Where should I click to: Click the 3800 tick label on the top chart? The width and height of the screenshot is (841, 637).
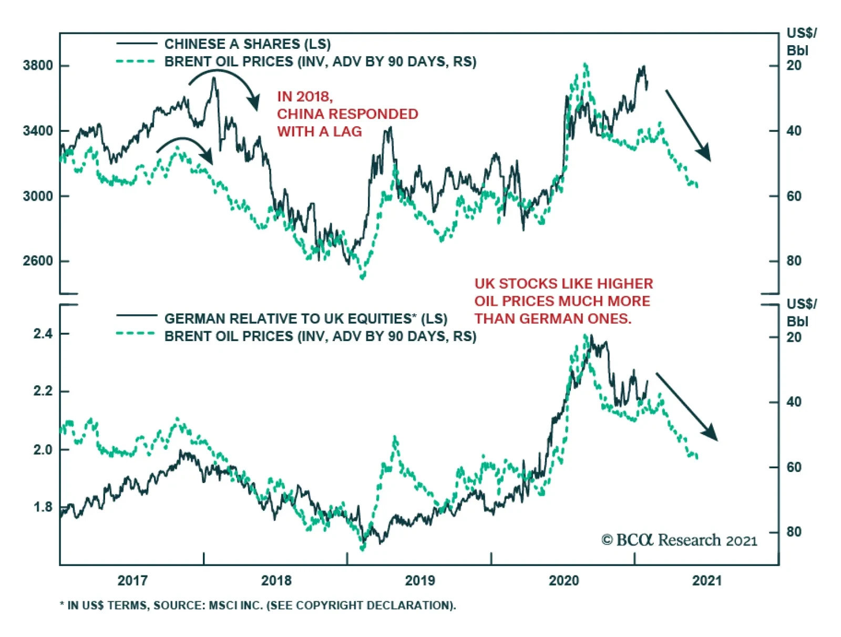38,66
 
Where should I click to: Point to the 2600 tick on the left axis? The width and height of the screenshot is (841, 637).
38,261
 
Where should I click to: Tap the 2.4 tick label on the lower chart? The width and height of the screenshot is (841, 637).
43,334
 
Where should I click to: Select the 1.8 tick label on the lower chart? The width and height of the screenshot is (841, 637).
43,507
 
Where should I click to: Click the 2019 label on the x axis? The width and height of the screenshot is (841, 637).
419,580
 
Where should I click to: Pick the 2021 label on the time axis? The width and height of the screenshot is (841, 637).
707,580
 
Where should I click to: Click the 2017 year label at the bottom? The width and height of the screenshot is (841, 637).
132,580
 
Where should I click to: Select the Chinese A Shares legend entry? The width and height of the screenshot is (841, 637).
247,44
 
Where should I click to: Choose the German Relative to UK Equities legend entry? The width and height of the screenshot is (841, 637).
305,318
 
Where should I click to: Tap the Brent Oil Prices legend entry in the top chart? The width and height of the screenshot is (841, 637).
320,61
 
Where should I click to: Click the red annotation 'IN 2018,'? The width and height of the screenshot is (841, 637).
305,97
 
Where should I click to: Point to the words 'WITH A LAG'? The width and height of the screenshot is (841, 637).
320,131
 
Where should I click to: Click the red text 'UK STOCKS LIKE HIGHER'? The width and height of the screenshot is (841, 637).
563,284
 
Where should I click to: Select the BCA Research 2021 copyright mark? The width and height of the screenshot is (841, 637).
679,540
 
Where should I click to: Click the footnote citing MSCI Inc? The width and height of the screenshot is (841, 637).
258,605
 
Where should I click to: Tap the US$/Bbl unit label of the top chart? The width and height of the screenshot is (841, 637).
801,42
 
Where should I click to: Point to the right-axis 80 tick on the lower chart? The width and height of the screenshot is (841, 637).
794,532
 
